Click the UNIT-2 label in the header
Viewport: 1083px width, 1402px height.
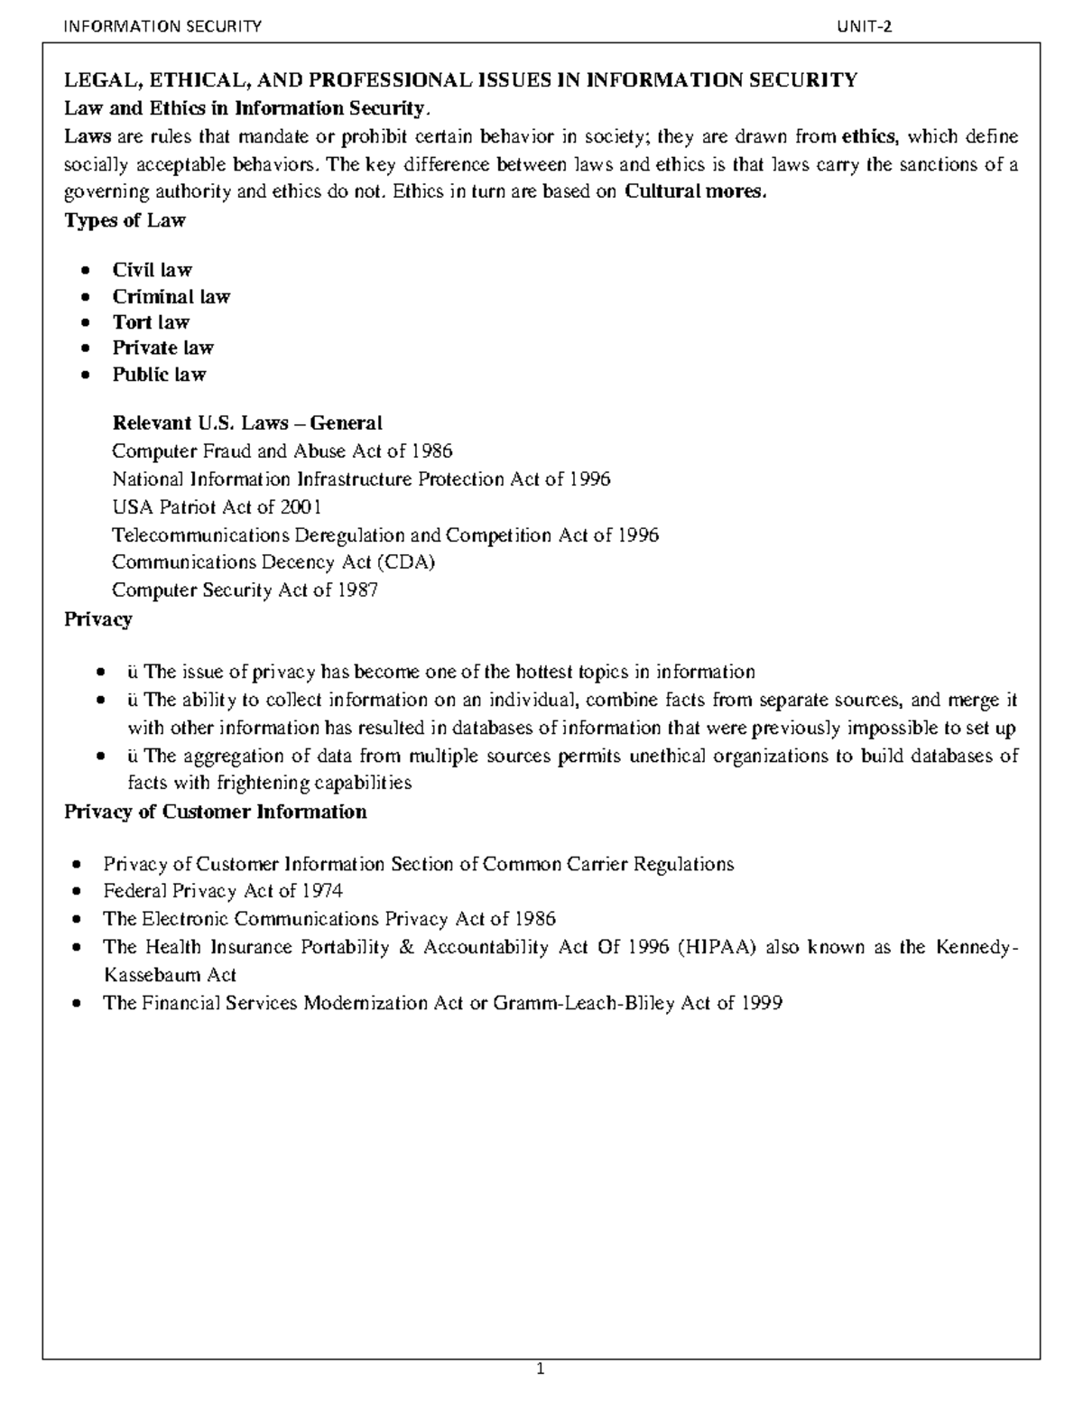tap(865, 26)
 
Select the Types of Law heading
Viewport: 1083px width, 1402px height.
tap(125, 220)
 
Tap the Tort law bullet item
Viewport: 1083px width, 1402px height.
tap(151, 322)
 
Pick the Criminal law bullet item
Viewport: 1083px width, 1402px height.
tap(171, 297)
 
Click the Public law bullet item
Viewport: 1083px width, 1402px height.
tap(159, 375)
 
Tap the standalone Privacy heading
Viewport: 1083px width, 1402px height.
tap(97, 619)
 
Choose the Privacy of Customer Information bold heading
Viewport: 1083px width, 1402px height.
tap(215, 812)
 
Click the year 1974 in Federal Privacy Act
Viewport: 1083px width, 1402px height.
tap(322, 891)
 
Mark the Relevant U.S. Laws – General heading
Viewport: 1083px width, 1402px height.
tap(246, 423)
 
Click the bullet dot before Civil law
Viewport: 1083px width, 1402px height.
tap(85, 271)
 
